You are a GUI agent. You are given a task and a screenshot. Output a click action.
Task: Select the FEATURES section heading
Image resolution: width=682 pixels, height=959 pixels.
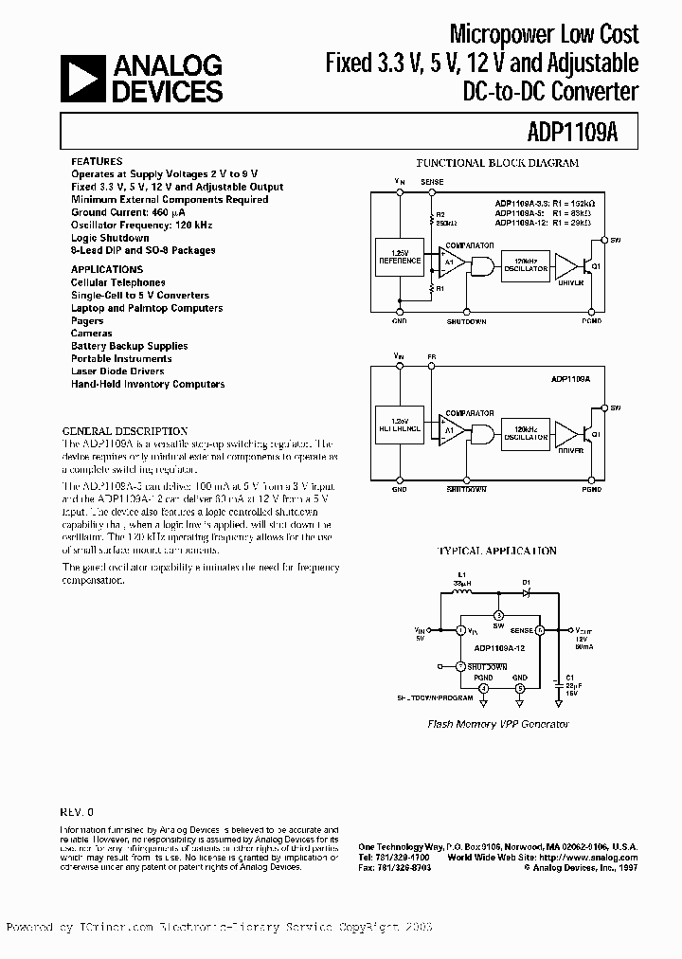97,162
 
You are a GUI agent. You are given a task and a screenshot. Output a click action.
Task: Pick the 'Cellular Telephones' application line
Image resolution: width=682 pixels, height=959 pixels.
118,282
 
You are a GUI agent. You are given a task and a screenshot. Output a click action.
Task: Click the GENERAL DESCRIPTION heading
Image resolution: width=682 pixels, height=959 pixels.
125,430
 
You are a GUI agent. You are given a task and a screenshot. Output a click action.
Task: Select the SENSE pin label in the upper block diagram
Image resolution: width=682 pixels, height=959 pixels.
432,180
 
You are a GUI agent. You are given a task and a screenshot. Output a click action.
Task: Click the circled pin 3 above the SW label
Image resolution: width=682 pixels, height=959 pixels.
498,615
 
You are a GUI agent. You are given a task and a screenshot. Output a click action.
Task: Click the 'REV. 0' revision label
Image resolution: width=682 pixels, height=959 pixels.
79,812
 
